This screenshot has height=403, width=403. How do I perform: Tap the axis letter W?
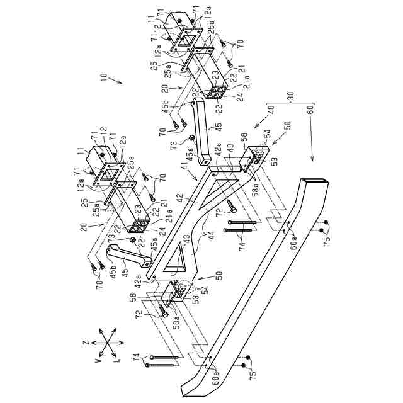[96, 361]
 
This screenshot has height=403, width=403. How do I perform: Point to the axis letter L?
[118, 361]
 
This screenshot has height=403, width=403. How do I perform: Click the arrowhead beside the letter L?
[116, 353]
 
